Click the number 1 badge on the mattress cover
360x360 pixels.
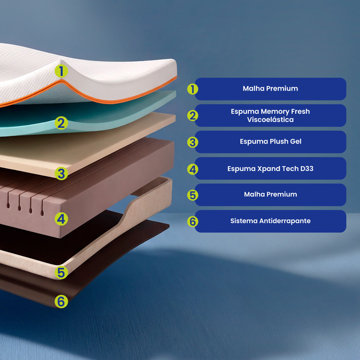(61, 71)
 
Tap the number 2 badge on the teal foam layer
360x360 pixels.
(61, 123)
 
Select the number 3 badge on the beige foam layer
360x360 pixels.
(61, 174)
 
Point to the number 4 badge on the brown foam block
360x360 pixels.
(61, 219)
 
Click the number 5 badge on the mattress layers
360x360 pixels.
(61, 273)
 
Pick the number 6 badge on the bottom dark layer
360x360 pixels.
(61, 301)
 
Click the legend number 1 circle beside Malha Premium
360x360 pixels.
(193, 89)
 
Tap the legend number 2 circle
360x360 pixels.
(193, 116)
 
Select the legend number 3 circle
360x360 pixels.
(193, 142)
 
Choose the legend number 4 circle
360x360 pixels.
(193, 169)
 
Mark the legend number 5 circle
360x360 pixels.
(193, 195)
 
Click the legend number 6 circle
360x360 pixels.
(193, 221)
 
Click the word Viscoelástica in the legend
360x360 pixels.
(270, 120)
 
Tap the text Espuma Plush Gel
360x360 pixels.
(270, 141)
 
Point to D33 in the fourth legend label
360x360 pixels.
(307, 168)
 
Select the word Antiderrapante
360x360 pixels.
(285, 221)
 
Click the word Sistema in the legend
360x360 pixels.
(244, 221)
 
